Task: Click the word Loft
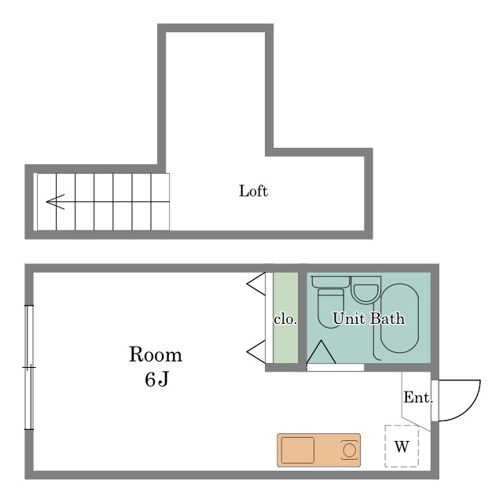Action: pos(253,191)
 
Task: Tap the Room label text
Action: pos(155,354)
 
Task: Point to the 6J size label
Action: pos(155,380)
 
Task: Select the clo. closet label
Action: pos(285,320)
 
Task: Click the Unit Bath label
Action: pos(369,319)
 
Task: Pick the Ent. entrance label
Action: pos(417,398)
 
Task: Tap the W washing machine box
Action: pos(402,447)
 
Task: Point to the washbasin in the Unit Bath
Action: pos(365,293)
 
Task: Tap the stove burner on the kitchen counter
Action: pos(349,450)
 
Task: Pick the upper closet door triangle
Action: pos(257,283)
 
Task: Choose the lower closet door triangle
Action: pos(257,351)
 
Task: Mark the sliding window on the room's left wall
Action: pos(29,367)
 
